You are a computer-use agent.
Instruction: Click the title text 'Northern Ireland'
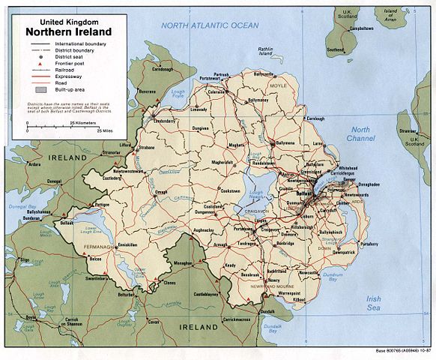point(68,32)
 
